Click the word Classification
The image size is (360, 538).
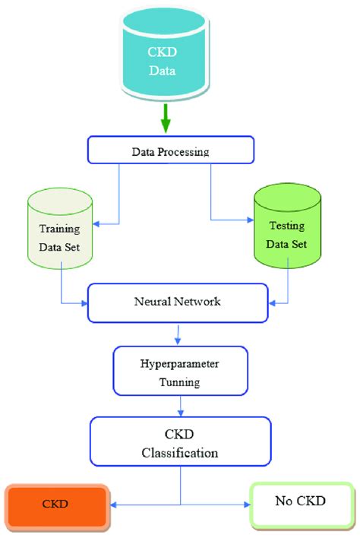(180, 453)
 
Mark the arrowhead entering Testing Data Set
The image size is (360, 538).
(254, 221)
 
